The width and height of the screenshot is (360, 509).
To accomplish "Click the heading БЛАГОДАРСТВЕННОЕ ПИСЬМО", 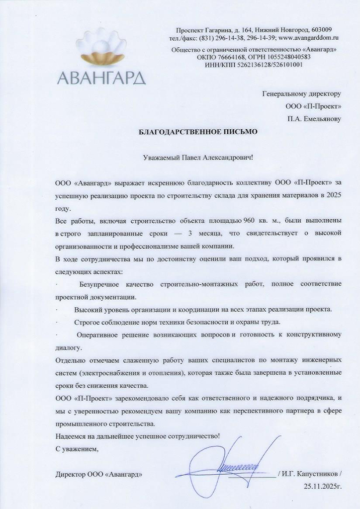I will [x=198, y=132].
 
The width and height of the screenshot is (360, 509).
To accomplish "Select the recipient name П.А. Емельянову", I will [x=314, y=119].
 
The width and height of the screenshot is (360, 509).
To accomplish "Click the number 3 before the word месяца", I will [x=190, y=233].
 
